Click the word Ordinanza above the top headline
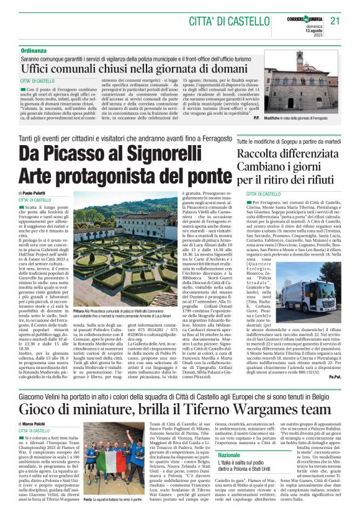(34, 50)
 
